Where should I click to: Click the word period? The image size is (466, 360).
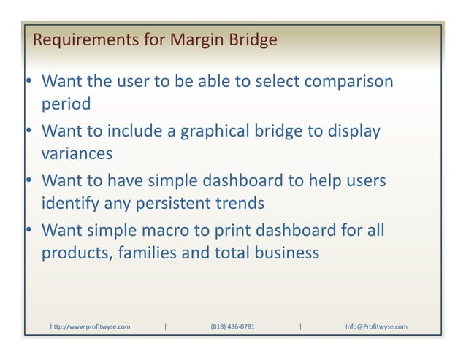pyautogui.click(x=66, y=104)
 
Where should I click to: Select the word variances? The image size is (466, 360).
pyautogui.click(x=77, y=154)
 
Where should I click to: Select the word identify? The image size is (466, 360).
pyautogui.click(x=72, y=203)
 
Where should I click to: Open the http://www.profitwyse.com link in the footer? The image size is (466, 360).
pyautogui.click(x=90, y=326)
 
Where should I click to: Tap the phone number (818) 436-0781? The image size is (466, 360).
pyautogui.click(x=232, y=326)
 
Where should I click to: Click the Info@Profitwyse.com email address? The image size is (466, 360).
pyautogui.click(x=376, y=326)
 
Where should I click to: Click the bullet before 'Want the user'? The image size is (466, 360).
pyautogui.click(x=25, y=81)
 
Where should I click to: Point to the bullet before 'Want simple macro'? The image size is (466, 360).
pyautogui.click(x=25, y=231)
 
